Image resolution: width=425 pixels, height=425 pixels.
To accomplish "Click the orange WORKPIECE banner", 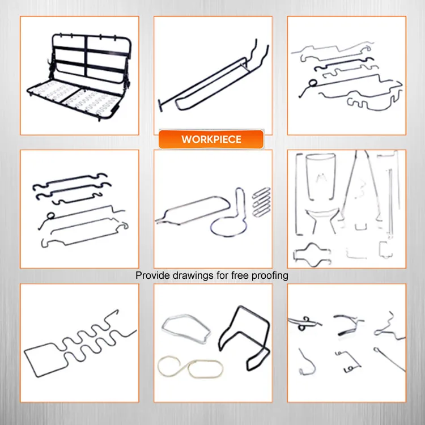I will click(x=211, y=139).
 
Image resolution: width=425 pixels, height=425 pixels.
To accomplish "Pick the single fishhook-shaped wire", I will click(x=306, y=363).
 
